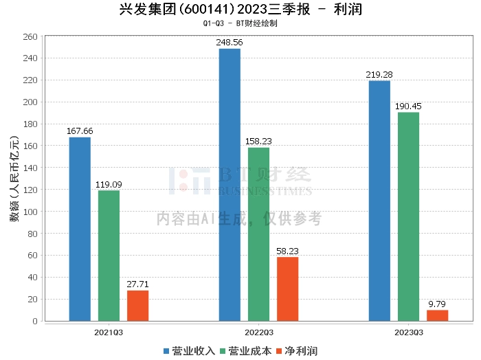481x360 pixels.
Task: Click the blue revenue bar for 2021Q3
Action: [80, 229]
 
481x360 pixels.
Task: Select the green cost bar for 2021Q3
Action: [109, 256]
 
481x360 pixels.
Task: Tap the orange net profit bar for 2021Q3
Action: [137, 306]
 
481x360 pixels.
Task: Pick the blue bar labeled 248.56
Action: [230, 185]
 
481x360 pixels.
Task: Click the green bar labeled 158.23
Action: [258, 234]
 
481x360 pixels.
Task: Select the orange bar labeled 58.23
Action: [287, 289]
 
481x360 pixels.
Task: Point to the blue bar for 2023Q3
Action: [379, 201]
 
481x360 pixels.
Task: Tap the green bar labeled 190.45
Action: [408, 216]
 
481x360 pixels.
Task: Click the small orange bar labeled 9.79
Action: [437, 315]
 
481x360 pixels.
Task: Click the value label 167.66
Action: [80, 131]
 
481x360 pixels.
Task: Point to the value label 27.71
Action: [137, 284]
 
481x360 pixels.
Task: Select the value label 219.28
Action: [379, 75]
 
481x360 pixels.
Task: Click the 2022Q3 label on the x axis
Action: [258, 332]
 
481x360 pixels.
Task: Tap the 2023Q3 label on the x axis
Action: [408, 332]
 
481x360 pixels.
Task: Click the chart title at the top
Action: [240, 10]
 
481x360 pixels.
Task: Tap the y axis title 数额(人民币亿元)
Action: [13, 179]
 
